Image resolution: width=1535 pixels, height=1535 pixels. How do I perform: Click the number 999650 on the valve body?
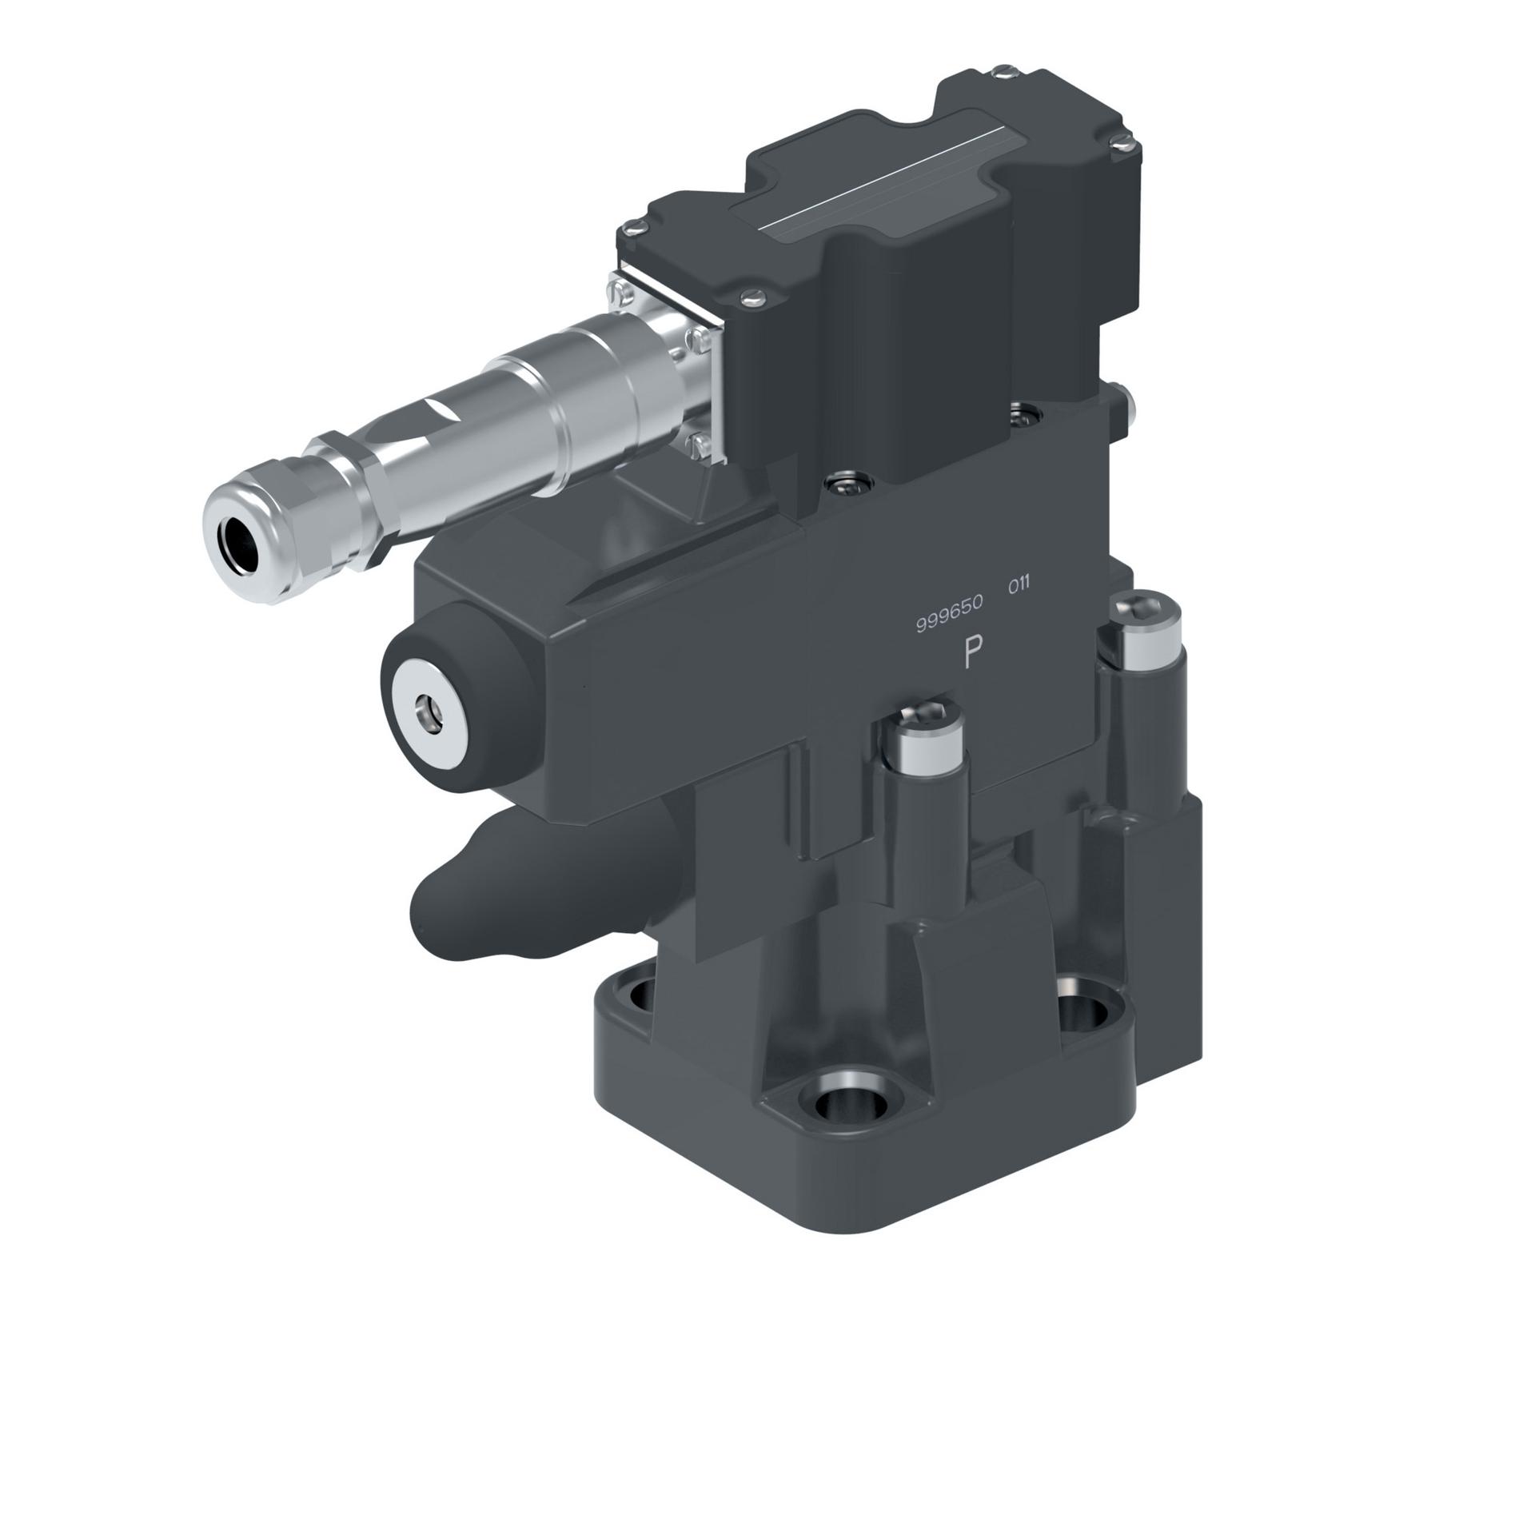949,624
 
